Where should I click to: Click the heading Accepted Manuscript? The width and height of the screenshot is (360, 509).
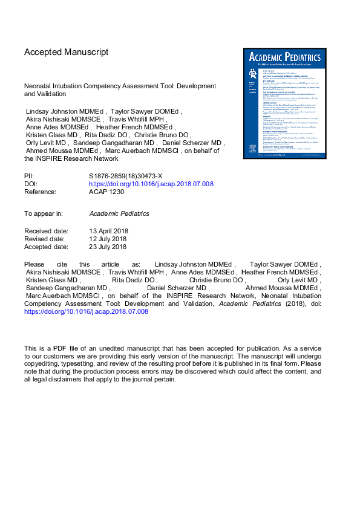tap(66, 52)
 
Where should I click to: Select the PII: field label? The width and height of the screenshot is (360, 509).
tap(30, 176)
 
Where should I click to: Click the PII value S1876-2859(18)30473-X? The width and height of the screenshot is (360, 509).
tap(126, 176)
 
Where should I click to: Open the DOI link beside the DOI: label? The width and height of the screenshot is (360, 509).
tap(151, 184)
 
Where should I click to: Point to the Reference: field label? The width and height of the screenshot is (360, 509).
tap(40, 192)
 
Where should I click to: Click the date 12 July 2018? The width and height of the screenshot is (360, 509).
tap(107, 239)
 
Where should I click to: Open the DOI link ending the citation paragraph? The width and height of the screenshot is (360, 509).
tap(86, 312)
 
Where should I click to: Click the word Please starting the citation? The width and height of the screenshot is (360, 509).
tap(34, 265)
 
